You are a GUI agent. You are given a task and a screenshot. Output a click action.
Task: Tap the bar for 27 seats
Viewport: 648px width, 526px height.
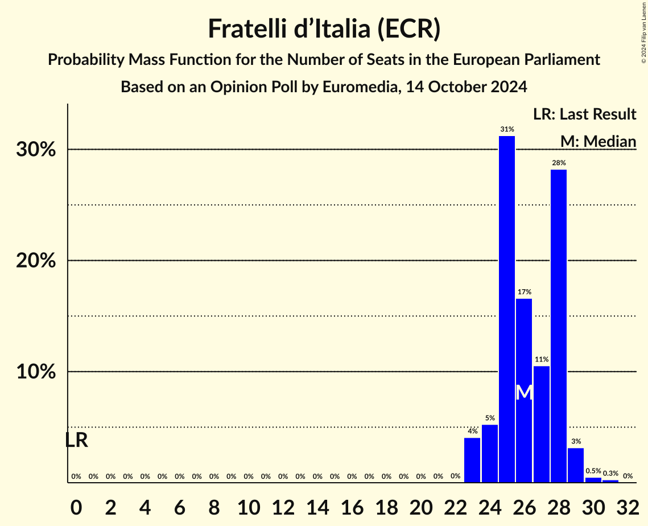click(x=541, y=424)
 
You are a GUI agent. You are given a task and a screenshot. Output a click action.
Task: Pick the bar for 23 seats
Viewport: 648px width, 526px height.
click(x=472, y=460)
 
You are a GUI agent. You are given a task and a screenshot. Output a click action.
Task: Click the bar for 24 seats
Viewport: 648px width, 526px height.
click(x=490, y=453)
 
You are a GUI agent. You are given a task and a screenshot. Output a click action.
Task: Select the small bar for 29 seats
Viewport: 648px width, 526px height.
click(x=576, y=465)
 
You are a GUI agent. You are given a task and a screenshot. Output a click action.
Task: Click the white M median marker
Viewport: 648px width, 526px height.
click(x=524, y=392)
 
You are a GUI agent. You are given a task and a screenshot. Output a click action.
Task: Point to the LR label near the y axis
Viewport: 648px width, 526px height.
click(x=76, y=440)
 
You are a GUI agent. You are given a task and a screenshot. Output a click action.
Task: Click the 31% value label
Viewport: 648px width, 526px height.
click(x=507, y=129)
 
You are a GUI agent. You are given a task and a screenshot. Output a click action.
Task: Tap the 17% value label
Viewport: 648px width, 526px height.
click(x=524, y=292)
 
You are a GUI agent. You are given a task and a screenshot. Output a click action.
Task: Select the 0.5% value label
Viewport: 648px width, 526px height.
click(x=593, y=471)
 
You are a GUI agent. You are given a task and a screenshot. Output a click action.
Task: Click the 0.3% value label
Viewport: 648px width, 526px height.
click(x=610, y=473)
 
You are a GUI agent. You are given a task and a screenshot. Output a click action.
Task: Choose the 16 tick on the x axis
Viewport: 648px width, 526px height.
click(x=352, y=505)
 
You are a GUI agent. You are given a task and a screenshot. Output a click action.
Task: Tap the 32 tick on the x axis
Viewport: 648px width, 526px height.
click(x=628, y=505)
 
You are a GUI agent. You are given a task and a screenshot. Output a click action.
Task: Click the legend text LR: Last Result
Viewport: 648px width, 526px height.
click(x=584, y=114)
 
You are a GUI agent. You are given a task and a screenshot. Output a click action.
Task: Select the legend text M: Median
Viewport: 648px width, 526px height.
click(x=597, y=141)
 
